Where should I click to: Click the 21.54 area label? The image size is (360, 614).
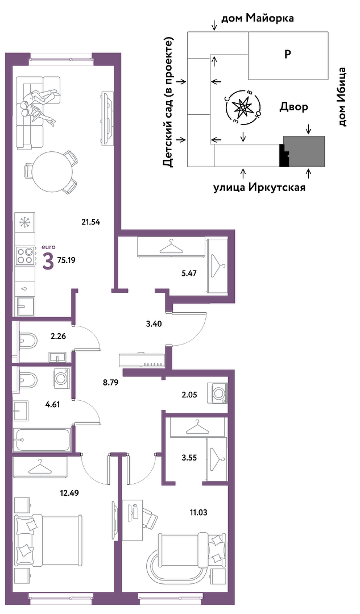point(91,222)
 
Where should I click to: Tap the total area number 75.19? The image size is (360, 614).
point(66,260)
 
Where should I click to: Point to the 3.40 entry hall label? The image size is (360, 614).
point(154,323)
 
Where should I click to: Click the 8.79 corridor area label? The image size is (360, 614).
point(110,383)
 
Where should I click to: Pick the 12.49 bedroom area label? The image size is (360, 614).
point(69,493)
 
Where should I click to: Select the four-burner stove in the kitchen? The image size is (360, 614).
point(26,255)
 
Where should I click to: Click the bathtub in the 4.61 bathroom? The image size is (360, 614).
point(42,440)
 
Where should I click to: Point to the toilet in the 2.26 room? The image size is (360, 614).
point(27,339)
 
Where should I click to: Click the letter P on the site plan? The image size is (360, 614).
point(288,55)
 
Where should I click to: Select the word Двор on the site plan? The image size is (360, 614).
point(293,106)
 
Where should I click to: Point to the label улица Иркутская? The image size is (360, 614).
point(259,188)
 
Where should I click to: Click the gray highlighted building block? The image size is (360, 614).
point(304,151)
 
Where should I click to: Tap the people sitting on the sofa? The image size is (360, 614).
point(39,104)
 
